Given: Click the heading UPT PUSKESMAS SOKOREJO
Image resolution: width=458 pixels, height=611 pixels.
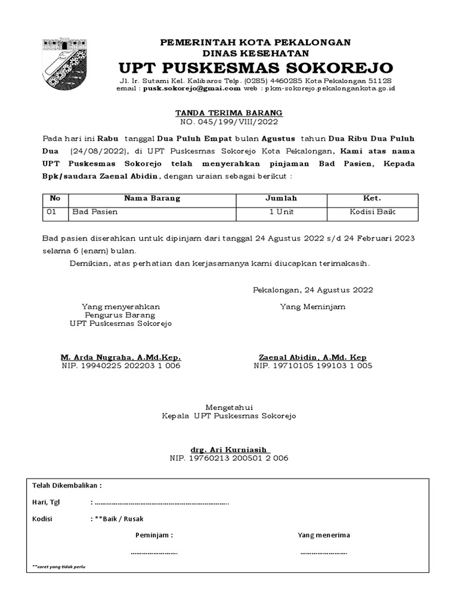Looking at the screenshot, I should pyautogui.click(x=256, y=66).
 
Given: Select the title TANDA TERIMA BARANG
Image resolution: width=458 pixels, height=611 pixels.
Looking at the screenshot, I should pyautogui.click(x=228, y=112).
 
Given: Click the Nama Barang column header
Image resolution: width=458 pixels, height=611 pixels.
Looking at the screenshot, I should pyautogui.click(x=152, y=198).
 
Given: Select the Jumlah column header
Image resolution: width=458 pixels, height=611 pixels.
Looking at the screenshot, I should pyautogui.click(x=281, y=198).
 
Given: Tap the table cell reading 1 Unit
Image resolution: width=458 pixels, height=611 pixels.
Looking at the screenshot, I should pyautogui.click(x=281, y=212).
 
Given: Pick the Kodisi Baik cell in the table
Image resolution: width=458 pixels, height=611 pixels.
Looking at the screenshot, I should pyautogui.click(x=372, y=212).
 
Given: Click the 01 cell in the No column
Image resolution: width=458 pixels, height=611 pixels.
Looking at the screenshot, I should pyautogui.click(x=52, y=212).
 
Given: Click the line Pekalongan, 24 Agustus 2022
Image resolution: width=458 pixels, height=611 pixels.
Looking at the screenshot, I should pyautogui.click(x=313, y=290).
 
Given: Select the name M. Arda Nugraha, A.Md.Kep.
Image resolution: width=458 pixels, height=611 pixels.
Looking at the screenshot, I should pyautogui.click(x=120, y=357).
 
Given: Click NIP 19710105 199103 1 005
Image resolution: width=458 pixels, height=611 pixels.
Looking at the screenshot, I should pyautogui.click(x=313, y=366).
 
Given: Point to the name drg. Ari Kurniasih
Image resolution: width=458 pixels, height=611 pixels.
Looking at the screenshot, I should pyautogui.click(x=230, y=449).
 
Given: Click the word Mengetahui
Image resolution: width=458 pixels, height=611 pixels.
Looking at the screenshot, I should pyautogui.click(x=229, y=407).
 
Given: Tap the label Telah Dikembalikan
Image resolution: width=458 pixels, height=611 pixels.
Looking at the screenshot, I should pyautogui.click(x=66, y=485).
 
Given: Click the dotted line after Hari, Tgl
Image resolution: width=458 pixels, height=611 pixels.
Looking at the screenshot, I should pyautogui.click(x=161, y=502).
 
